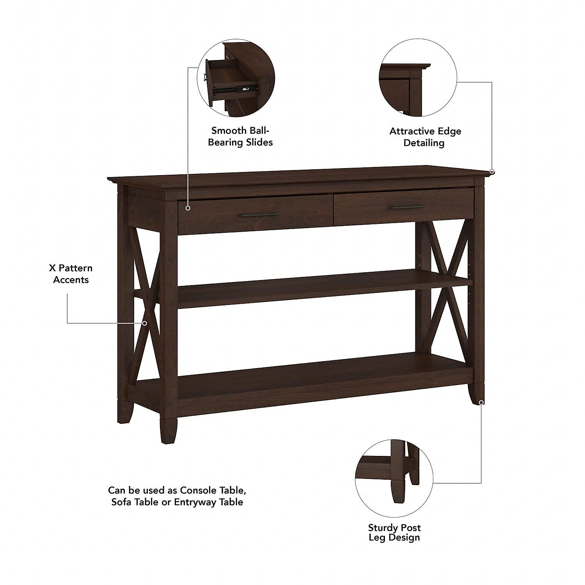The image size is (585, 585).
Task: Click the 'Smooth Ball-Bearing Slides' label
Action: pos(240,136)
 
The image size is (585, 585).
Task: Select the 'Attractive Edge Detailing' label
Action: pos(425,137)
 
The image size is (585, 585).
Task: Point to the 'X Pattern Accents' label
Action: pos(71,274)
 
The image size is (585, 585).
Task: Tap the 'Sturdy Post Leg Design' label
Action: pos(394,532)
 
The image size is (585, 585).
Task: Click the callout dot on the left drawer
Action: pos(188,208)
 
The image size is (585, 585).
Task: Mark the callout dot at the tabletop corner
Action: pos(492,171)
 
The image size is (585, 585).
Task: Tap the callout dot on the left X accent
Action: pos(145,323)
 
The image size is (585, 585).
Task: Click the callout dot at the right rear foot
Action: pos(482,402)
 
